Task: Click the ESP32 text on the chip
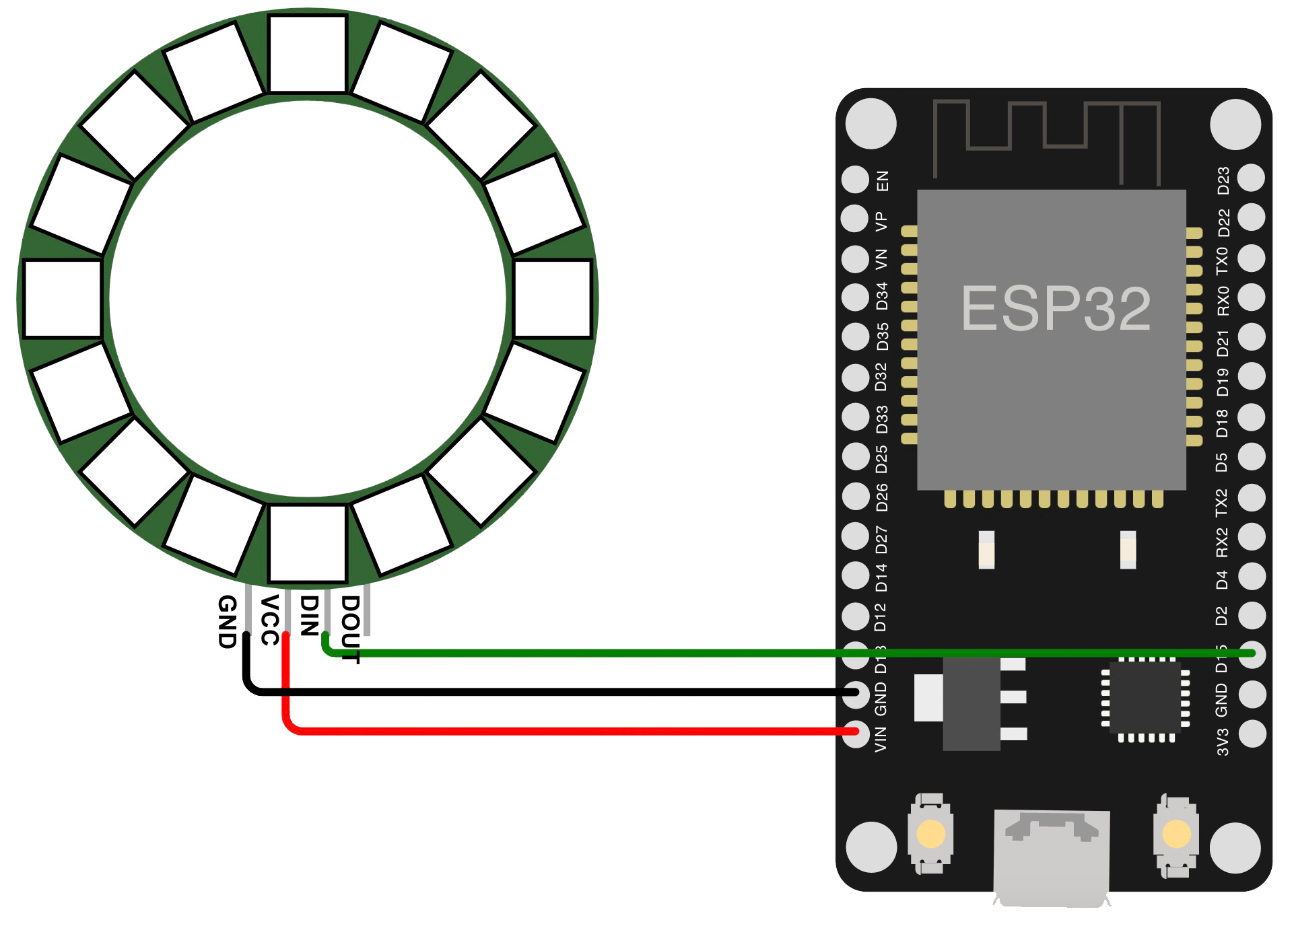click(1056, 309)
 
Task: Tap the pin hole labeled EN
click(856, 180)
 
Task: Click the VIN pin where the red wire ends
click(856, 732)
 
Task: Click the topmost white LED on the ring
click(307, 54)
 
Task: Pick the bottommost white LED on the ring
click(307, 543)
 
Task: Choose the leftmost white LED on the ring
click(62, 298)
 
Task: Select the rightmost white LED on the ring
click(552, 298)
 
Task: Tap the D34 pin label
click(881, 297)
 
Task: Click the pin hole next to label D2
click(1251, 614)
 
